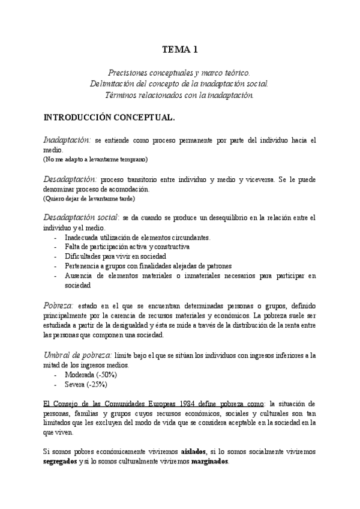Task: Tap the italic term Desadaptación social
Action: [80, 217]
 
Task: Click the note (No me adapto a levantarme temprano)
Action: [95, 160]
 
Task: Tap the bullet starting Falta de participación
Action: [127, 247]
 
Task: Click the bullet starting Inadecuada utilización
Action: [137, 237]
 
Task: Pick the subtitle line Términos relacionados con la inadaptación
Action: [180, 94]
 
